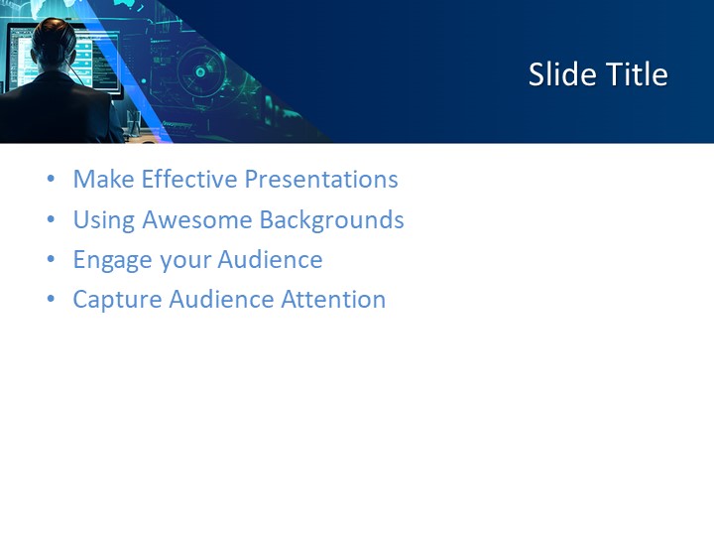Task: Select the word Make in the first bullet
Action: click(x=104, y=180)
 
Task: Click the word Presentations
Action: click(x=321, y=180)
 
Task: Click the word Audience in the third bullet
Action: click(x=270, y=260)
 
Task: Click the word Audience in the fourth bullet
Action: click(x=220, y=300)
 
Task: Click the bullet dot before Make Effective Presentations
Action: click(x=51, y=181)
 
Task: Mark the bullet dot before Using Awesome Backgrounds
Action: click(x=51, y=220)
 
